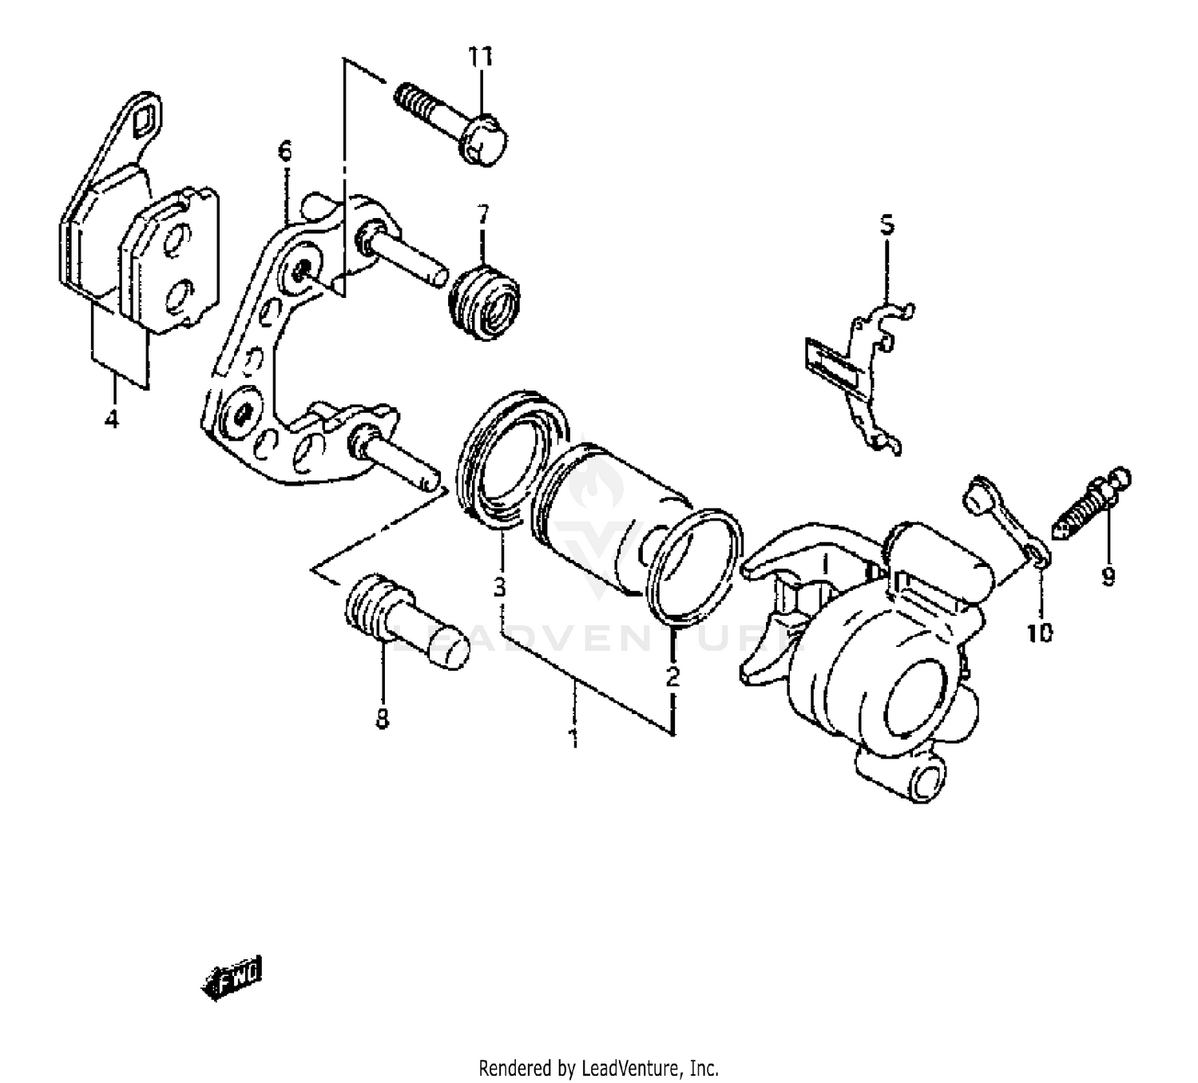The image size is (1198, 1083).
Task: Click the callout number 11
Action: pos(481,57)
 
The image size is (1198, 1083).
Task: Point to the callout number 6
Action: pos(285,150)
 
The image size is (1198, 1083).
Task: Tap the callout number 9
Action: pos(1108,576)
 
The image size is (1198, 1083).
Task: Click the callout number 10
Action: pos(1040,633)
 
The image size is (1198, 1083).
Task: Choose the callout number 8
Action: pos(383,719)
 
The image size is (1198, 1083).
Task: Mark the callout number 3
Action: pos(500,588)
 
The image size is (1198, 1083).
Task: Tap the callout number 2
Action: pos(672,676)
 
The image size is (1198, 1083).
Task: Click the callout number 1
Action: pos(573,736)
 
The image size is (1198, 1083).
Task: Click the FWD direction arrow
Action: pos(232,977)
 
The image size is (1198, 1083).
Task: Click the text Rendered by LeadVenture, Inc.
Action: pos(598,1067)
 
